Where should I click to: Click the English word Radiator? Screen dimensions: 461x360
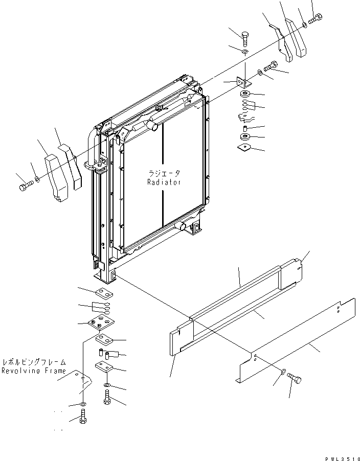click(x=163, y=182)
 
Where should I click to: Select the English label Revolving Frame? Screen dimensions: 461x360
click(x=33, y=371)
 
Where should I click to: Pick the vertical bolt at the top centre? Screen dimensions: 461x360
click(x=244, y=37)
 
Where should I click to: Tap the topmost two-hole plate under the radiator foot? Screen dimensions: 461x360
click(x=103, y=293)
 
